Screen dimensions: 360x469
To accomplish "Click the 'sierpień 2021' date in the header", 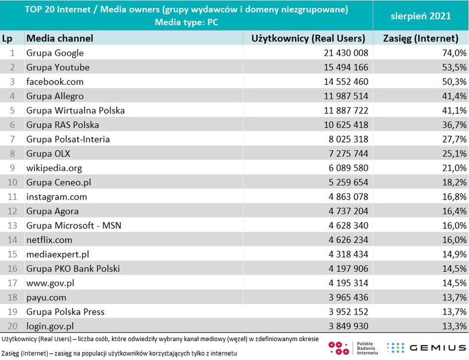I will pos(420,16).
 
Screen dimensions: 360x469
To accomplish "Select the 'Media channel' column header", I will pos(59,38).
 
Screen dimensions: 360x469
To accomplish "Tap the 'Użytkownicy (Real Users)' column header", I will pos(308,38).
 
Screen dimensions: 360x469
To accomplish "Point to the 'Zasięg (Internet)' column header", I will pos(421,38).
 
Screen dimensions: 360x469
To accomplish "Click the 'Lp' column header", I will pos(7,38).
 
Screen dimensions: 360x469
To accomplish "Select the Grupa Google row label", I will pos(55,53).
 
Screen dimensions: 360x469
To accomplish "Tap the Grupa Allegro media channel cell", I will pos(55,96).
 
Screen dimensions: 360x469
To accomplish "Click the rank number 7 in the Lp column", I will pos(13,139).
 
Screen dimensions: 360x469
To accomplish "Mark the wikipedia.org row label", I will pos(54,168).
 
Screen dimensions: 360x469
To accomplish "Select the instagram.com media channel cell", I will pos(57,197).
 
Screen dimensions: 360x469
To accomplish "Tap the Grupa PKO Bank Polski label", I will pos(73,269).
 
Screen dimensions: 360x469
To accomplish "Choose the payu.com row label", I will pos(46,298).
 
